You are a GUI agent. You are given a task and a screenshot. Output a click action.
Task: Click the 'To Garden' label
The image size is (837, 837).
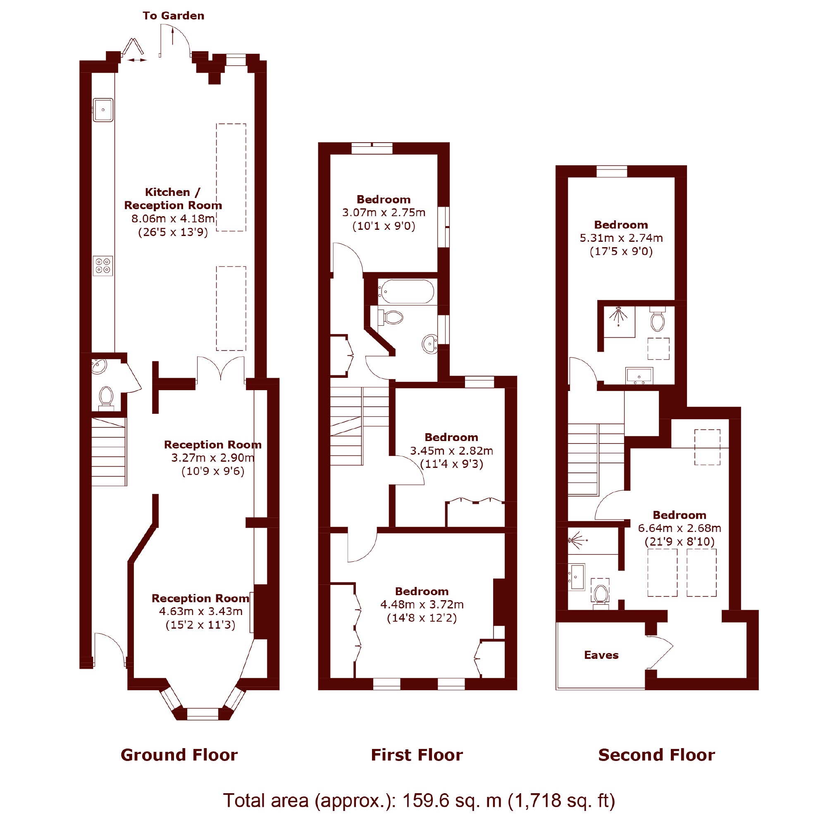click(x=173, y=16)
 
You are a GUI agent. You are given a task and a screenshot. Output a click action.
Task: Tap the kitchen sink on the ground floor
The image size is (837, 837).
click(x=103, y=110)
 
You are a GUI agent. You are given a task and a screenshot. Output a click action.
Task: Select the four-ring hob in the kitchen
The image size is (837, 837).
click(x=103, y=266)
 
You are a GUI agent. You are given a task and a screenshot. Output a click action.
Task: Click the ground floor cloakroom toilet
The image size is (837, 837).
click(x=106, y=398)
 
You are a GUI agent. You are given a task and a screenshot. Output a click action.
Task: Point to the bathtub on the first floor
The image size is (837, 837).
click(x=406, y=291)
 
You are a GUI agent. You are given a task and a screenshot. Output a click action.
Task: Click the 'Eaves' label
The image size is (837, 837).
click(x=601, y=655)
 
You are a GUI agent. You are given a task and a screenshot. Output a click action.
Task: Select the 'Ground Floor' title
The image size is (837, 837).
click(x=179, y=755)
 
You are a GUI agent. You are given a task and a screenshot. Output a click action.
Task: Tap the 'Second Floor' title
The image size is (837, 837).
click(x=656, y=755)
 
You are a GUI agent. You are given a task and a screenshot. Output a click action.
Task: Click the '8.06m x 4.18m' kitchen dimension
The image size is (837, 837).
click(x=173, y=219)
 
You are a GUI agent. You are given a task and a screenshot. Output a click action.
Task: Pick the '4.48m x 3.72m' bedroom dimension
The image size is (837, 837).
click(x=422, y=604)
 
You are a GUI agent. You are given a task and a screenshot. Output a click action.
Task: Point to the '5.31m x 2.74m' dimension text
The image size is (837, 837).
click(x=621, y=238)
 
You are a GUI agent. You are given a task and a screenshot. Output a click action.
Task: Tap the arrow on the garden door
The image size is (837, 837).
click(x=172, y=36)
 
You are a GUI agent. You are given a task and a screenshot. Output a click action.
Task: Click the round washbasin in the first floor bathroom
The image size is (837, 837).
click(x=430, y=344)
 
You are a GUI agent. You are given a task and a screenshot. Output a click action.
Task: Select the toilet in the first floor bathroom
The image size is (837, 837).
click(x=391, y=317)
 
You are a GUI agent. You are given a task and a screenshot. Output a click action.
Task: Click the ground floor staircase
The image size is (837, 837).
click(x=109, y=451)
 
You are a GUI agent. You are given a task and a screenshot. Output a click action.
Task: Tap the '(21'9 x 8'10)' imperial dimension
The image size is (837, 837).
click(x=679, y=541)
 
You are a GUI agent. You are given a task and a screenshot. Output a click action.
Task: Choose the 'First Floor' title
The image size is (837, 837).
click(x=417, y=755)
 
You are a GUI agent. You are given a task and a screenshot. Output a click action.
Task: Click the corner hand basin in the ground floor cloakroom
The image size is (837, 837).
click(x=99, y=367)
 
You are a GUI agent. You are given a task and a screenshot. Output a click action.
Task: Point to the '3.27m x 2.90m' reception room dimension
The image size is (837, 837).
click(x=213, y=458)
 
